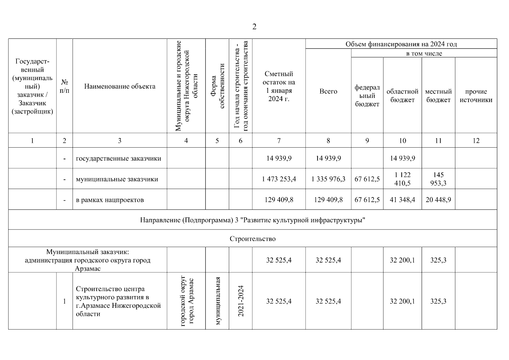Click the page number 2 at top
254,27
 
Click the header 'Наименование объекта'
120,86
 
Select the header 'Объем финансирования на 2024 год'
401,44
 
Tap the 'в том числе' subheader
424,54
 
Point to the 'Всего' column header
328,91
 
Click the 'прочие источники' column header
476,96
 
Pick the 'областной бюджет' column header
402,96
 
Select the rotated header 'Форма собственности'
217,86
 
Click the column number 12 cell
476,141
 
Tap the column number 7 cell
279,141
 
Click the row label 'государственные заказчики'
118,158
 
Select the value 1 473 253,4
279,179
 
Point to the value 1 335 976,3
328,179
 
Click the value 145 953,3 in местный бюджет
438,179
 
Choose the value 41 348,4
402,199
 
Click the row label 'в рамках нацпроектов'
110,200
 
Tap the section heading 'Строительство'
253,239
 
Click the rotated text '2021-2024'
241,301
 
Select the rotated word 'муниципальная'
217,301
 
